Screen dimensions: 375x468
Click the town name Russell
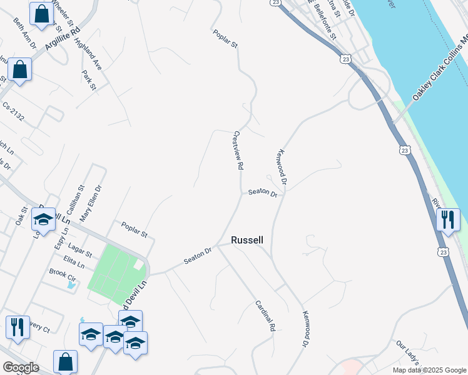[x=247, y=240]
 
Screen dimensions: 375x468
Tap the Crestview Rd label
[x=238, y=151]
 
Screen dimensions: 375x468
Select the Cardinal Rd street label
[x=265, y=315]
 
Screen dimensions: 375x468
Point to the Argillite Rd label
[x=64, y=37]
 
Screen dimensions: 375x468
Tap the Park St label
[x=88, y=81]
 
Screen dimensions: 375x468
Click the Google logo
[x=20, y=367]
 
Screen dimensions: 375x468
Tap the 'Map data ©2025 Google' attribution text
[x=429, y=370]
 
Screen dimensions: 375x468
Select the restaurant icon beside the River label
[x=449, y=220]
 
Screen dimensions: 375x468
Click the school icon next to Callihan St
[x=44, y=219]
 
